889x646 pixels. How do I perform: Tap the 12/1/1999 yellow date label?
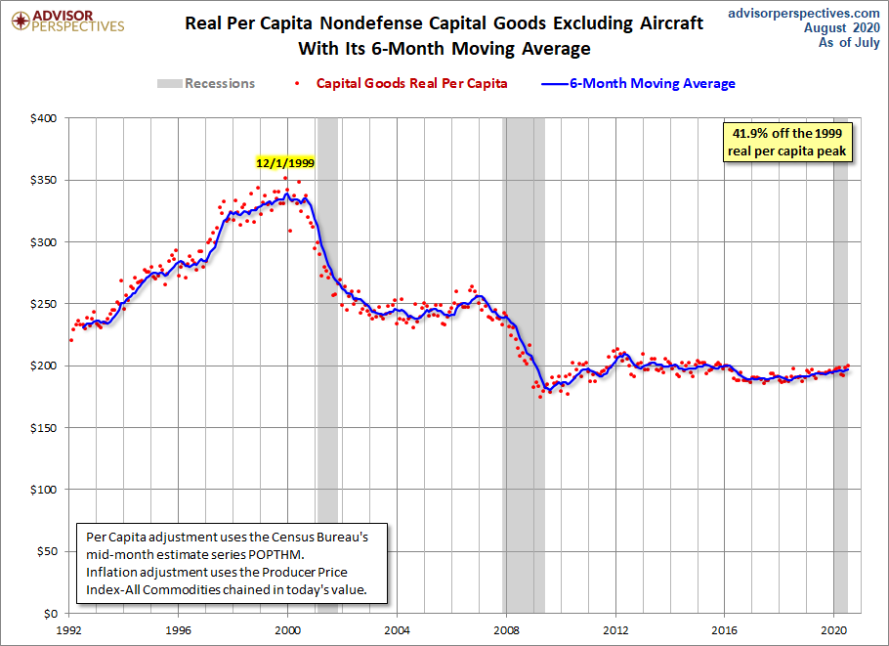coord(285,163)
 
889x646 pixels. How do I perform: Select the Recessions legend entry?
coord(207,83)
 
